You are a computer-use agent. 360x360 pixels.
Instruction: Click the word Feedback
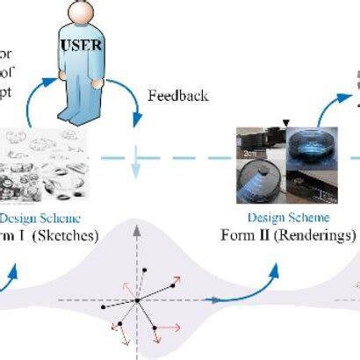[178, 95]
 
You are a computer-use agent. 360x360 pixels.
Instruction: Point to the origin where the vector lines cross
[137, 299]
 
